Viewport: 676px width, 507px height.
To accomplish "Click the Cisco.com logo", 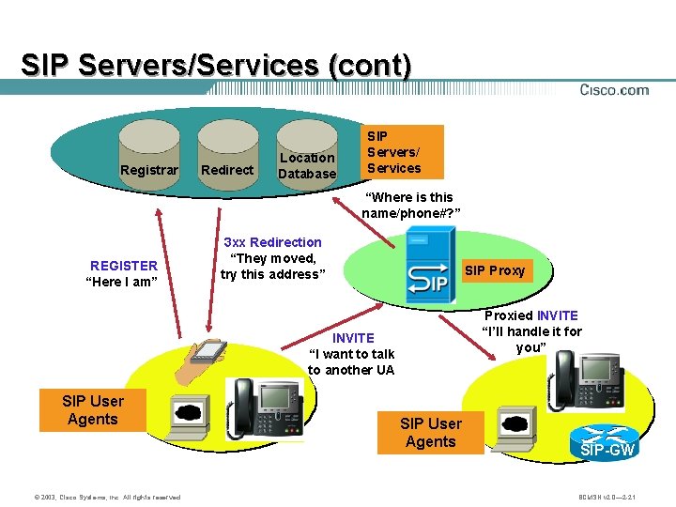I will [614, 90].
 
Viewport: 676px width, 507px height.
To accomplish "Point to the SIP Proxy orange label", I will [495, 270].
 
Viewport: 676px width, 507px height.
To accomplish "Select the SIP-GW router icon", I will [607, 442].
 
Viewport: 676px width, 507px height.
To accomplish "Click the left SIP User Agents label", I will [92, 410].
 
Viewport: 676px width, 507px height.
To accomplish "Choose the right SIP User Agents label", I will [430, 433].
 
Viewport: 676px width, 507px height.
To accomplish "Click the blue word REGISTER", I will [123, 266].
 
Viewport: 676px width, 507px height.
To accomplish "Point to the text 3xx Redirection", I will [272, 242].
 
